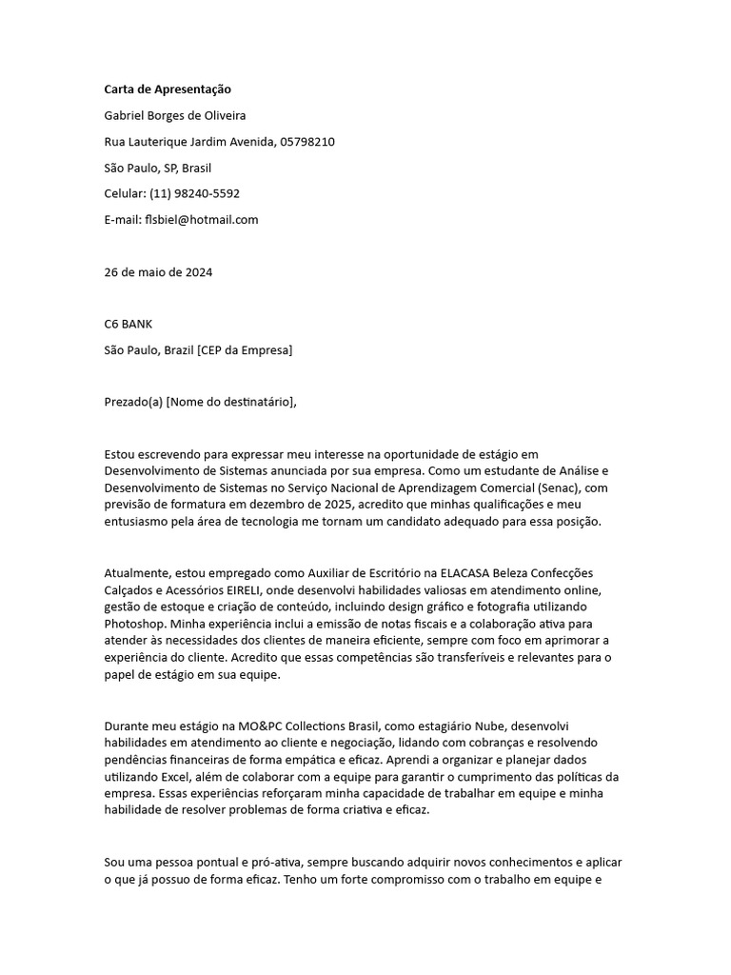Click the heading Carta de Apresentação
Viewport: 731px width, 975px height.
click(168, 90)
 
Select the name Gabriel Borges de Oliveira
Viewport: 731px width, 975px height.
click(175, 116)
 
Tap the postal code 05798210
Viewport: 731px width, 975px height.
click(307, 142)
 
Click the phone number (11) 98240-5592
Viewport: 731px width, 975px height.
click(194, 193)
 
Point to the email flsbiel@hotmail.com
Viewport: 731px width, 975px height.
click(201, 219)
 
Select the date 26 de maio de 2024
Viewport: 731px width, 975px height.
click(158, 272)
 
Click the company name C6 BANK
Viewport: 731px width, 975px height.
click(128, 324)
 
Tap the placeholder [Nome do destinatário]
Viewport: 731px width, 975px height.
click(230, 402)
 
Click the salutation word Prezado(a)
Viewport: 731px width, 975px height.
click(133, 402)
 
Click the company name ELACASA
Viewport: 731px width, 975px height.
click(436, 573)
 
